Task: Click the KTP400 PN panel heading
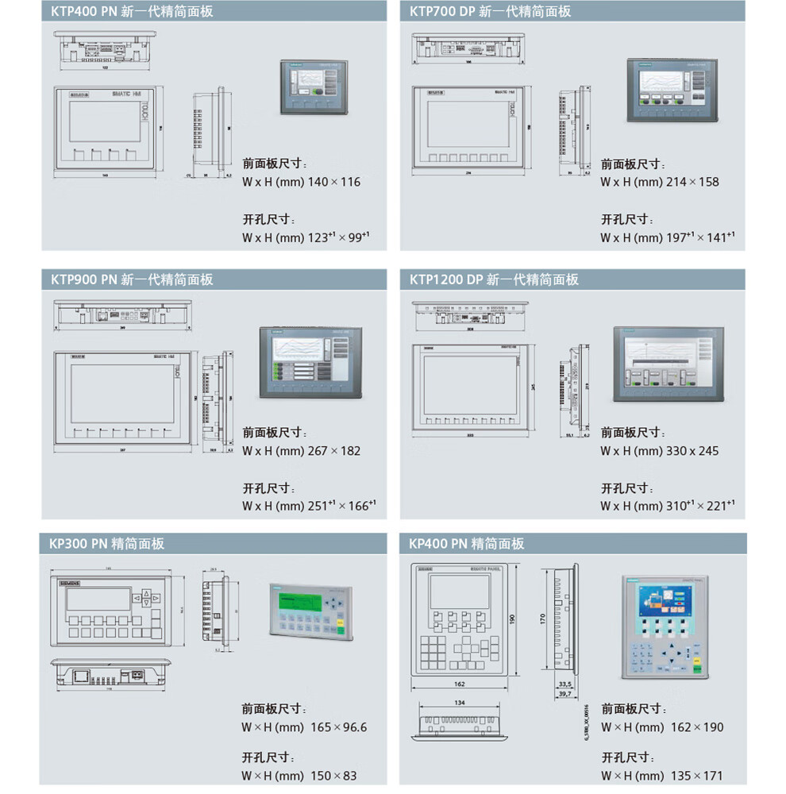coord(132,11)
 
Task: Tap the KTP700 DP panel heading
coord(490,11)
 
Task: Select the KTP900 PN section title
coord(132,279)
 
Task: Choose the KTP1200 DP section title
coord(494,279)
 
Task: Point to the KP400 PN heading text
coord(467,544)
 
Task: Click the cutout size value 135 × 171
coord(695,776)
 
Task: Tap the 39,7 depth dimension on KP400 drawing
coord(564,694)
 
